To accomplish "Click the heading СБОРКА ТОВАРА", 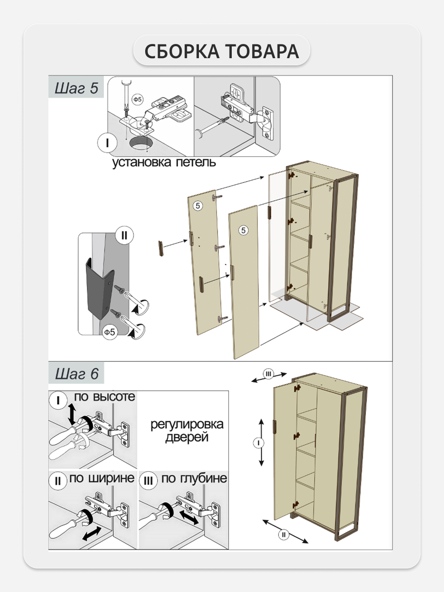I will (x=222, y=52).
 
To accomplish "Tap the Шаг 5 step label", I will (x=76, y=88).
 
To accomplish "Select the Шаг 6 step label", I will (x=76, y=373).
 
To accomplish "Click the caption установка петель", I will (x=163, y=162).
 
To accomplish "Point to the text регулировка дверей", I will (x=187, y=431).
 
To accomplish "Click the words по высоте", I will (x=104, y=397).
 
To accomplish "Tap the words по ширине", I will (x=102, y=478).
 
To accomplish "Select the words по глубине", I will (x=194, y=478).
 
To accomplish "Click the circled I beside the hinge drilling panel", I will (x=107, y=143).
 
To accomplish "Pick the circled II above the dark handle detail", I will (x=124, y=235).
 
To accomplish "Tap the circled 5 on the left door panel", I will (x=198, y=206).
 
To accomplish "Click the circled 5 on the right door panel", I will (x=243, y=230).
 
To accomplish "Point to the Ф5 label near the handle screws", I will (x=110, y=332).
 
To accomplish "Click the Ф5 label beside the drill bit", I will (x=138, y=99).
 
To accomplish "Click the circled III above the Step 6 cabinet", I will (x=268, y=374).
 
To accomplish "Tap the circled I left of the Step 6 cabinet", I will (x=258, y=443).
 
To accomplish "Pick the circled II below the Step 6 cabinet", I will (x=284, y=534).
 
